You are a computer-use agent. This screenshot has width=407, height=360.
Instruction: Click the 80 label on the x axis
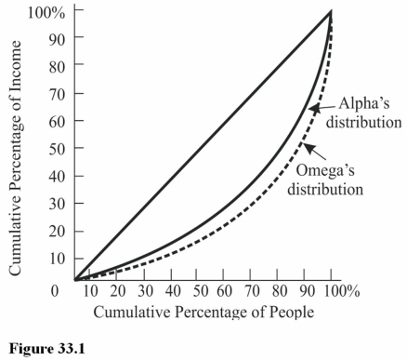tap(280, 291)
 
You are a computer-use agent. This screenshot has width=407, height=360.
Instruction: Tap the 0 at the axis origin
tap(58, 291)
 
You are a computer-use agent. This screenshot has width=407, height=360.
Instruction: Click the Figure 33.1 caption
tap(46, 350)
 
